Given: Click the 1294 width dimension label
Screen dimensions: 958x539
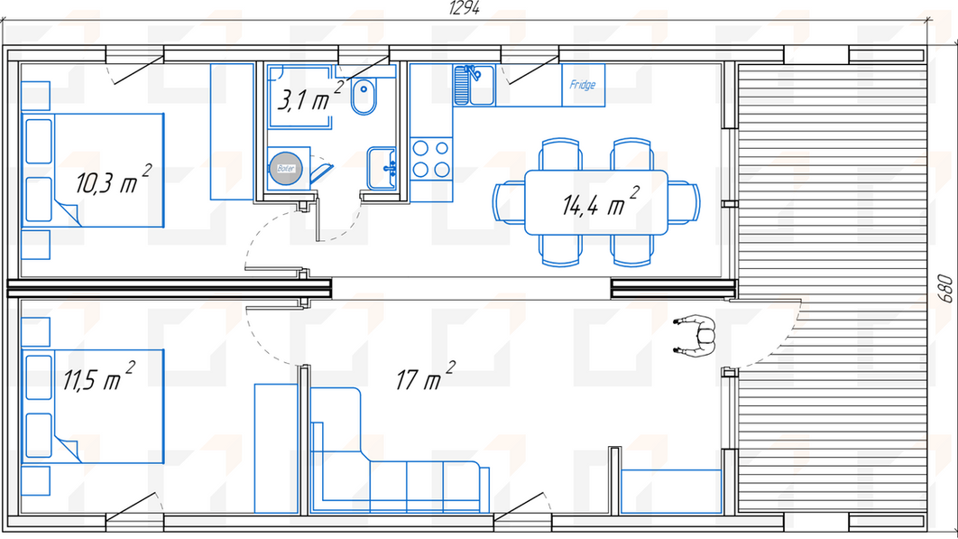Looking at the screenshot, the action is pos(465,8).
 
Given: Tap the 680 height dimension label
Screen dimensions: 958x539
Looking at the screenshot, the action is pos(944,289).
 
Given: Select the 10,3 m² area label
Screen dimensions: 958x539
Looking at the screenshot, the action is pos(113,180).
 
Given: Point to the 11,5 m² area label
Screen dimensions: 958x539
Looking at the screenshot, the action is pos(99,376).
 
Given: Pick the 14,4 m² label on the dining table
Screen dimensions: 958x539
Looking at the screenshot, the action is pos(600,201).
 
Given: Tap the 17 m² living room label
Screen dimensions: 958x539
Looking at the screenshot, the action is pos(425,376).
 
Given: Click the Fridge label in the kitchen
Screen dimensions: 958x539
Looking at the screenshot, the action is pos(582,85).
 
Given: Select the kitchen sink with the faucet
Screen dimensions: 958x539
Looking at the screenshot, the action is pos(474,85).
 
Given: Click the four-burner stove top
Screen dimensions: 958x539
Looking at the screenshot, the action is pos(430,159).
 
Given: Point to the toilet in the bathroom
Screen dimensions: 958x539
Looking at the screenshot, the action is pos(364,97).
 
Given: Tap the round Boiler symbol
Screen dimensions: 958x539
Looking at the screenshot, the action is pos(285,168).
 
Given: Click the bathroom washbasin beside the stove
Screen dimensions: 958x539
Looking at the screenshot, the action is pos(382,168).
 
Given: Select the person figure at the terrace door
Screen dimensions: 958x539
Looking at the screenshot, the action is pos(696,335).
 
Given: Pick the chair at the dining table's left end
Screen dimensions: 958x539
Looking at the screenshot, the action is pos(509,202).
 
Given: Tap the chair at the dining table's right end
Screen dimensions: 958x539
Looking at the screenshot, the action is pos(684,202).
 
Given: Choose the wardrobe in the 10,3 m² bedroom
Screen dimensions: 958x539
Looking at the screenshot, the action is pos(232,132).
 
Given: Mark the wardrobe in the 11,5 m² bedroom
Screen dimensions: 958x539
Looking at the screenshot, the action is pos(276,449).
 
